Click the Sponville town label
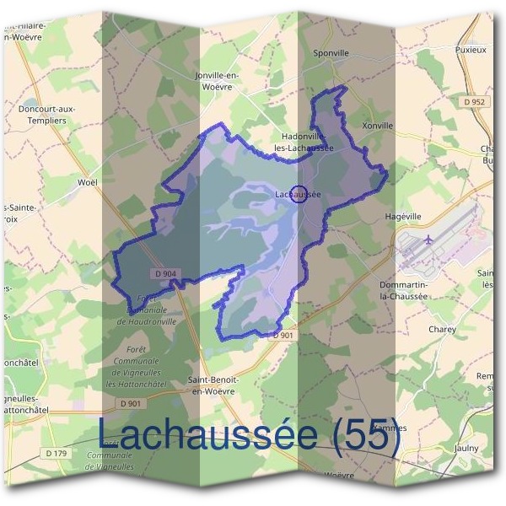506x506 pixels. [331, 52]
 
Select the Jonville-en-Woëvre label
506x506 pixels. [218, 80]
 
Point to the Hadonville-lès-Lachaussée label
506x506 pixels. [304, 141]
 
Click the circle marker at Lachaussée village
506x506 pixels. [298, 194]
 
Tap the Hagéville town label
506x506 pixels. [401, 215]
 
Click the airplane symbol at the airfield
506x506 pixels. [428, 240]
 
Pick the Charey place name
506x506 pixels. [442, 329]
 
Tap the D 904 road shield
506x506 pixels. [166, 273]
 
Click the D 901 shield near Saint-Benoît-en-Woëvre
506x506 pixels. [283, 335]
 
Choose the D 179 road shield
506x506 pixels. [57, 454]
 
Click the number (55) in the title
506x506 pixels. [365, 435]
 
